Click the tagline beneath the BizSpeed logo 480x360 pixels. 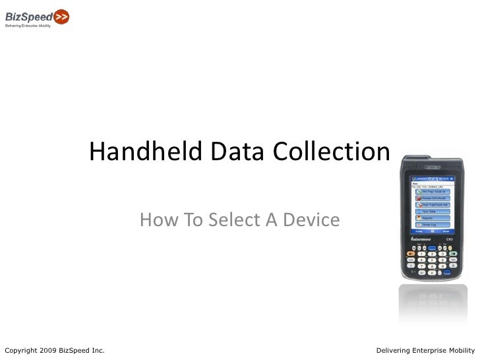point(28,26)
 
